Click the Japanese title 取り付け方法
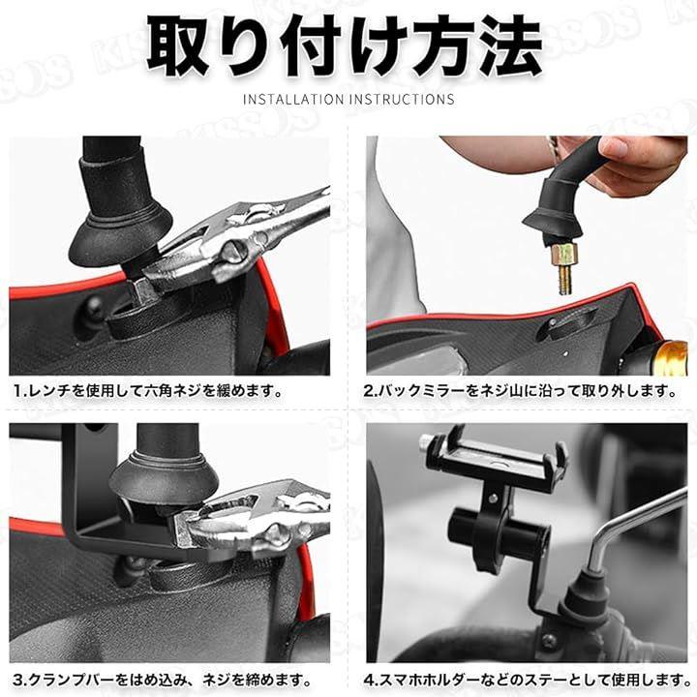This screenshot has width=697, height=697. click(x=345, y=45)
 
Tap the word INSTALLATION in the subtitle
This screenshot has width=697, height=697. click(x=293, y=99)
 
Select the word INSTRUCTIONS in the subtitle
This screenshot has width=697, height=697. click(x=402, y=99)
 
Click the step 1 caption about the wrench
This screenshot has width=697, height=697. click(x=148, y=391)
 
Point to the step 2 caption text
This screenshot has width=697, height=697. click(x=520, y=391)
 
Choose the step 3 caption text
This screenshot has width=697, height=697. click(x=162, y=680)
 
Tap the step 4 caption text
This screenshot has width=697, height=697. click(x=528, y=680)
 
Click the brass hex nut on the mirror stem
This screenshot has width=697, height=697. click(x=564, y=255)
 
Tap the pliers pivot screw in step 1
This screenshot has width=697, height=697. click(x=234, y=252)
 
